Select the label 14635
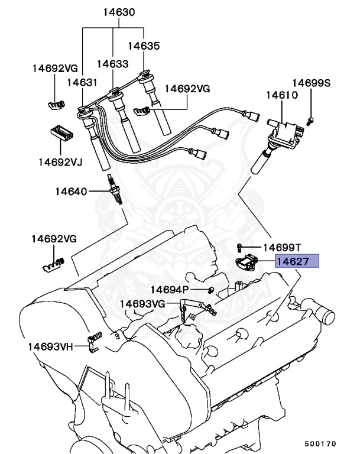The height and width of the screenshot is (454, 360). click(x=144, y=45)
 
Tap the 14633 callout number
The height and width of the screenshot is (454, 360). click(x=112, y=63)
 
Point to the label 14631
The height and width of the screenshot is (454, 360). click(x=82, y=83)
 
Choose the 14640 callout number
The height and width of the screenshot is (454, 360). click(x=71, y=192)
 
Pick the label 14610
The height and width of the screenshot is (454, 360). click(x=281, y=95)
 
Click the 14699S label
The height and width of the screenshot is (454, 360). click(x=311, y=83)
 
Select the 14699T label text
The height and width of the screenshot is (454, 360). click(x=282, y=247)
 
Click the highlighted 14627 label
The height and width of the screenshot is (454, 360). click(x=297, y=261)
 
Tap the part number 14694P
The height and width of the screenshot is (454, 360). click(x=169, y=289)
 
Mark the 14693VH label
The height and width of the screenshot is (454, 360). click(x=50, y=346)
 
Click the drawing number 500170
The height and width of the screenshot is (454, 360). click(x=320, y=442)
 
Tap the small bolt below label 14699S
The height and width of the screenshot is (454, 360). click(x=312, y=121)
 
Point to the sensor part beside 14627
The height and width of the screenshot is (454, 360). click(x=249, y=262)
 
